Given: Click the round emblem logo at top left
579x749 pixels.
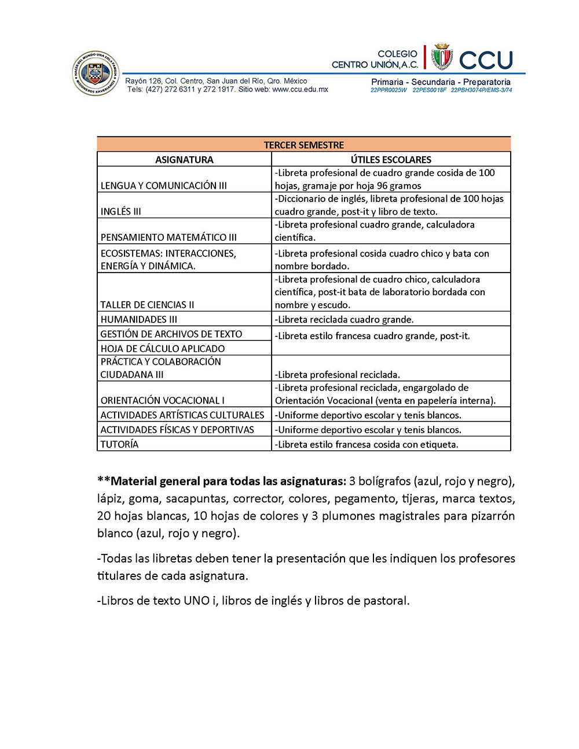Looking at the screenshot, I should tap(96, 73).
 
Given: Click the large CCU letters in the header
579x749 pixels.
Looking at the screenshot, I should tap(486, 60).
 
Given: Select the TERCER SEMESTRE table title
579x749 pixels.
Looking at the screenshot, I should tap(303, 145).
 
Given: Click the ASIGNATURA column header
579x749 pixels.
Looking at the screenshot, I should tap(184, 160).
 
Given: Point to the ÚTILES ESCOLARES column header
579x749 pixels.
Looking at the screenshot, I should tap(391, 160).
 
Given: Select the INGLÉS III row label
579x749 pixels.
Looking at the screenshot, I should tap(121, 212).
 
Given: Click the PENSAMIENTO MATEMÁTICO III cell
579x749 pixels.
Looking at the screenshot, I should tap(168, 237).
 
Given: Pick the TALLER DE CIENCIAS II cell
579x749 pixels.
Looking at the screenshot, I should tap(147, 305).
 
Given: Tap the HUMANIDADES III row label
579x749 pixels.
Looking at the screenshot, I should tap(139, 320).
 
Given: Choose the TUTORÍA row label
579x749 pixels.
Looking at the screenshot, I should tap(119, 445).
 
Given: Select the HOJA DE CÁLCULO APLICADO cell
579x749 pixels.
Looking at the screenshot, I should tap(163, 348).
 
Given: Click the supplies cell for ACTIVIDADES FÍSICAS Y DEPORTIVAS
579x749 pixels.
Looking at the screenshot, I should tap(368, 430).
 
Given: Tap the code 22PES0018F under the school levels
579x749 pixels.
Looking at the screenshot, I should tap(429, 90).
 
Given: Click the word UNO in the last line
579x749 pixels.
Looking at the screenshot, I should tap(197, 601).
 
